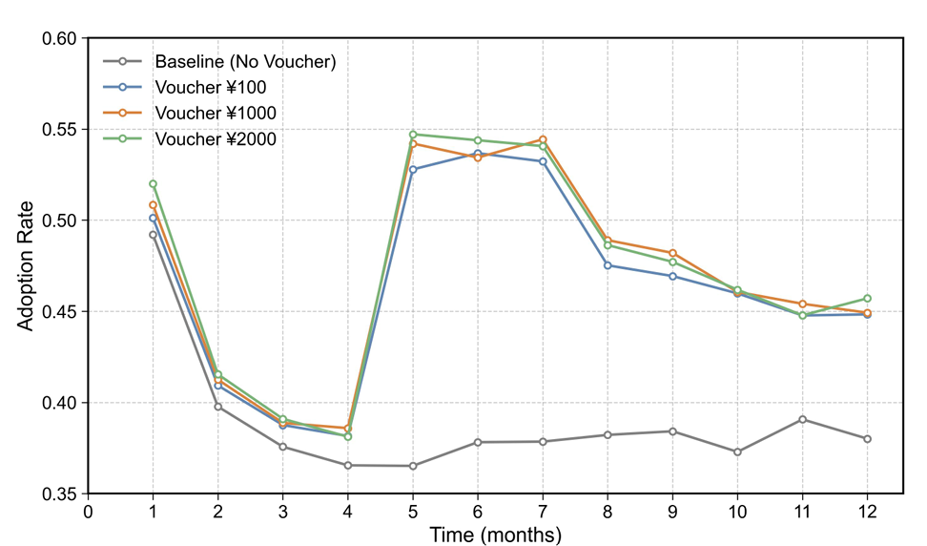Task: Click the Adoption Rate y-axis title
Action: point(27,265)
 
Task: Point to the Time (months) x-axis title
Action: point(495,534)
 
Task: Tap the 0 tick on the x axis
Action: point(89,511)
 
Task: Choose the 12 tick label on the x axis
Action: point(867,511)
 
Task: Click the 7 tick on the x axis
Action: point(543,511)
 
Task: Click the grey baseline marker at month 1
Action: point(153,235)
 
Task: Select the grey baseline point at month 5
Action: point(413,466)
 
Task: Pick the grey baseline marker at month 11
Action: point(802,419)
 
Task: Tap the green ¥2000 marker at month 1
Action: point(153,184)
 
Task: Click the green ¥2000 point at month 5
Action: point(413,135)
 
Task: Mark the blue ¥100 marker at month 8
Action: point(608,265)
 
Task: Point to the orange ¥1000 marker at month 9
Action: point(672,253)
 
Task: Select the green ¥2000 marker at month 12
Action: point(867,299)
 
